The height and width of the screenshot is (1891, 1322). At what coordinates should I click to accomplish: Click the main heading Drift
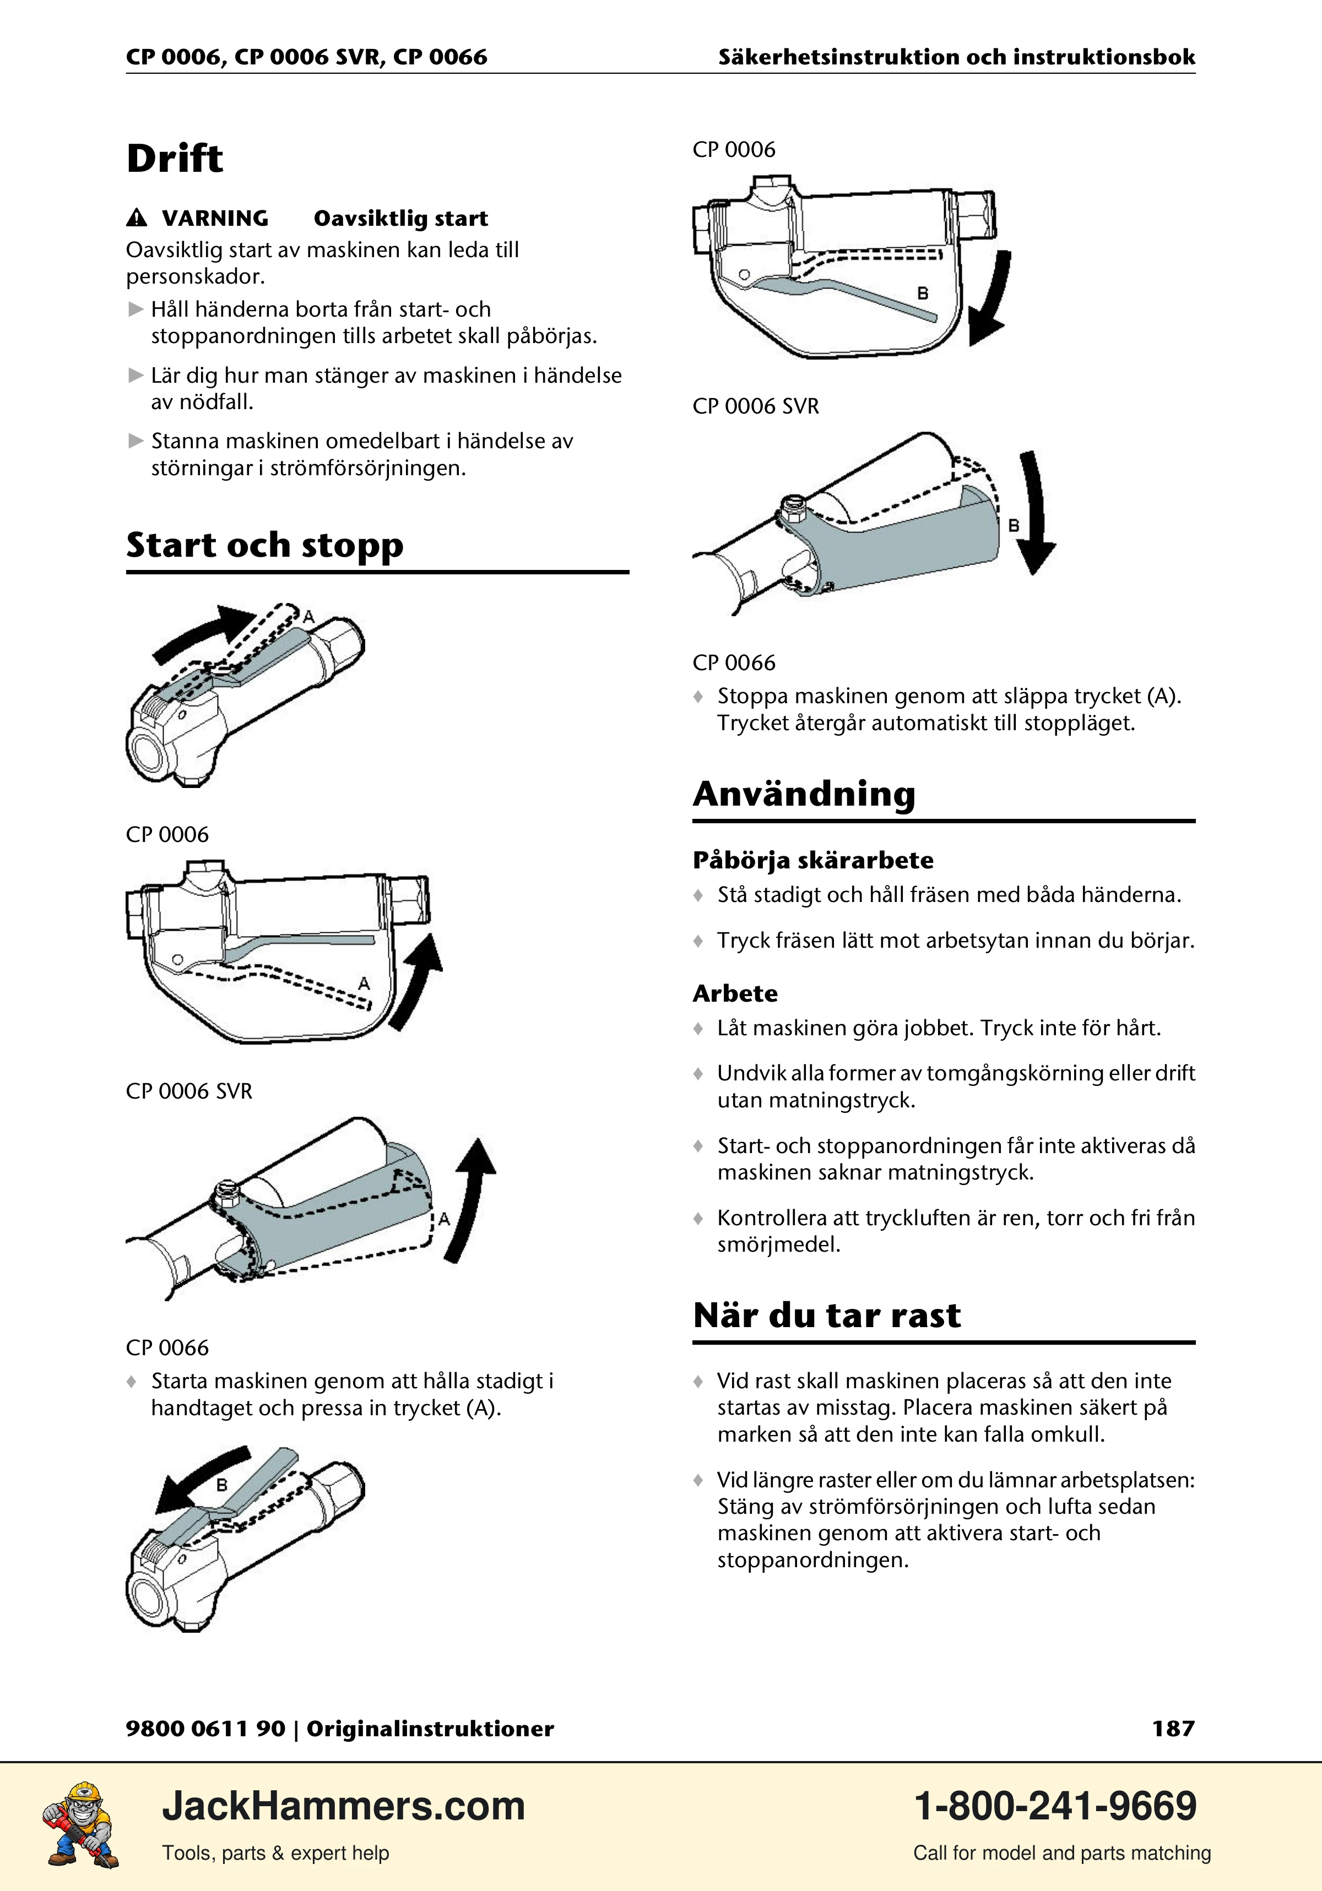point(175,158)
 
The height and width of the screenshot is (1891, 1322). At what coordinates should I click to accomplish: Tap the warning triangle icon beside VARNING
point(137,218)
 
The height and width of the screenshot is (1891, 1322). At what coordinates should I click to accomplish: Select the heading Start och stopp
point(264,545)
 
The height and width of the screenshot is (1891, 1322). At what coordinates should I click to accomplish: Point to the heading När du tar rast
point(827,1316)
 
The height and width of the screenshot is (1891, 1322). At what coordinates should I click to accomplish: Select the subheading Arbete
point(735,993)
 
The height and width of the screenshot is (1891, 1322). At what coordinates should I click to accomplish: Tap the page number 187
point(1173,1728)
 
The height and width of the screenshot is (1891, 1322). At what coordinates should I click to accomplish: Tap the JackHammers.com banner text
point(344,1806)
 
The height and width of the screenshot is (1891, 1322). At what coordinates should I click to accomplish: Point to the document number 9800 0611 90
point(205,1728)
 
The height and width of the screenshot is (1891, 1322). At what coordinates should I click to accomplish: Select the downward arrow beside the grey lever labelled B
point(1036,510)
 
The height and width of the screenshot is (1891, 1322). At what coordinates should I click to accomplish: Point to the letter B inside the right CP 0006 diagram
point(923,293)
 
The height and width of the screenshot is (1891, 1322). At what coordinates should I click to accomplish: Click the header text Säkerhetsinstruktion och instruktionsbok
point(956,57)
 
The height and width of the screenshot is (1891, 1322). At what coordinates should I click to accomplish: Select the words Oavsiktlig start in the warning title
point(401,218)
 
